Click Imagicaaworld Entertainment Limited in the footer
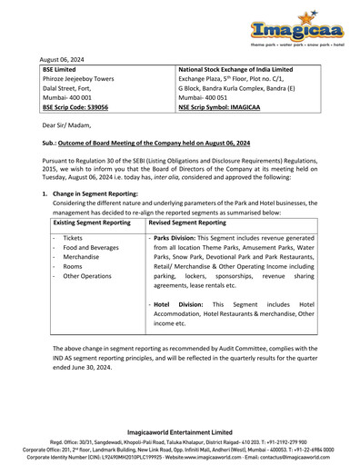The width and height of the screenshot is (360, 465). tap(180, 432)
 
